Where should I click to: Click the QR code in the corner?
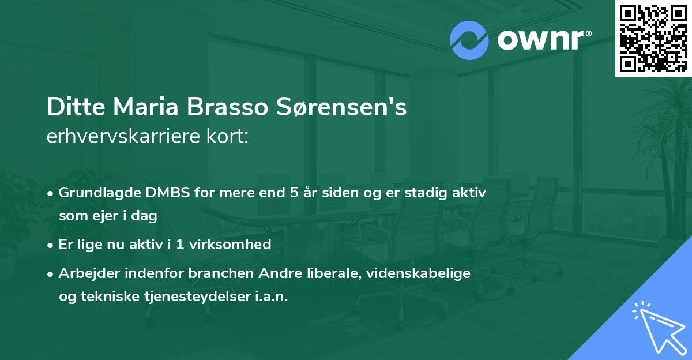653,39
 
